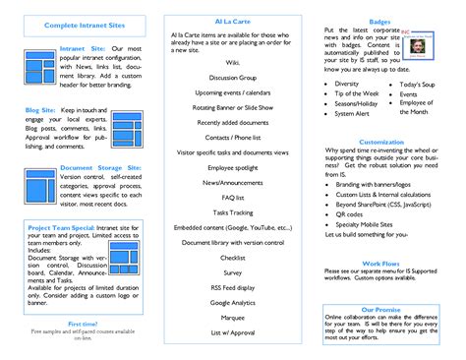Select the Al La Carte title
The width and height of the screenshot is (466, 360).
coord(232,20)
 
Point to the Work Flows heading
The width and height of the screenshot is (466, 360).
coord(380,263)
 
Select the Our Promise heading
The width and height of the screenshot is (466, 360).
coord(381,309)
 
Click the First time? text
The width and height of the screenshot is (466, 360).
coord(82,323)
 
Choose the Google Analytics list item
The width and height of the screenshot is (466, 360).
coord(233,304)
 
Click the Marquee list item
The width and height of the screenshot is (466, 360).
coord(233,318)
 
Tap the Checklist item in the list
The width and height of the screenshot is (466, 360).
coord(233,257)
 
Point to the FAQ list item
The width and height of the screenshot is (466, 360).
coord(233,197)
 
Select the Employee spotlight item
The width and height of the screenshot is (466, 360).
coord(233,168)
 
